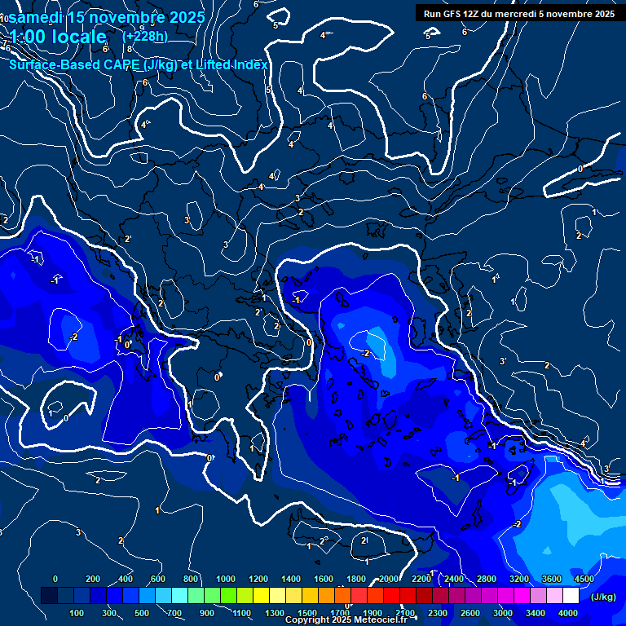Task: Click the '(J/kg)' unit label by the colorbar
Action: pyautogui.click(x=602, y=597)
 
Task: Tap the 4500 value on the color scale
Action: pyautogui.click(x=584, y=579)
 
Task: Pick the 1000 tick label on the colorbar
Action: pyautogui.click(x=225, y=579)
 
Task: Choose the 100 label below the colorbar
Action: pyautogui.click(x=78, y=613)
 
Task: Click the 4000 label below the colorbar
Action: pyautogui.click(x=568, y=613)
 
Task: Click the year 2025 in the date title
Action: pyautogui.click(x=187, y=17)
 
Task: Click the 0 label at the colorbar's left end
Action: pyautogui.click(x=55, y=579)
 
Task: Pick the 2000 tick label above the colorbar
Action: pyautogui.click(x=389, y=579)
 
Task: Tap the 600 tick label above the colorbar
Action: pyautogui.click(x=158, y=579)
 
